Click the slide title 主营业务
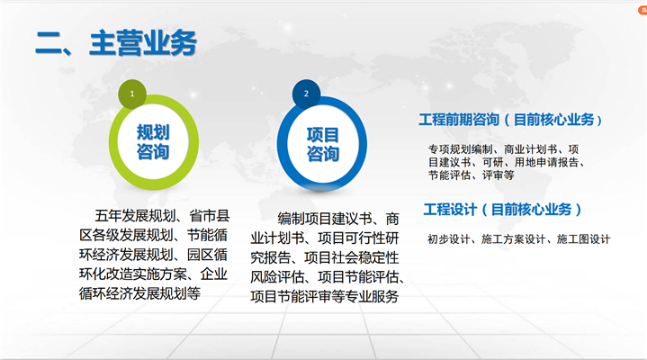pyautogui.click(x=143, y=43)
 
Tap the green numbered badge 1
pyautogui.click(x=132, y=94)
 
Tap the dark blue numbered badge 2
pyautogui.click(x=306, y=94)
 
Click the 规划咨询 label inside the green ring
pyautogui.click(x=153, y=142)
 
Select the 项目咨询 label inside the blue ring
pyautogui.click(x=323, y=145)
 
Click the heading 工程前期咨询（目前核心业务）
pyautogui.click(x=510, y=120)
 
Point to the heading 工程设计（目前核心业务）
pyautogui.click(x=503, y=210)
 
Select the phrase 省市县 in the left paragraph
pyautogui.click(x=209, y=215)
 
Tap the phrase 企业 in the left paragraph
pyautogui.click(x=214, y=274)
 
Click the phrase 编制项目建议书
pyautogui.click(x=325, y=219)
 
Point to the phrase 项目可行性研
pyautogui.click(x=358, y=238)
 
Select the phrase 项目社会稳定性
pyautogui.click(x=352, y=257)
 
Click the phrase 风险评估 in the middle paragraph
pyautogui.click(x=277, y=276)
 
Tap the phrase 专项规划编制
pyautogui.click(x=461, y=149)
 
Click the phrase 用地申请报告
pyautogui.click(x=546, y=162)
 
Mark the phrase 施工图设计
pyautogui.click(x=583, y=239)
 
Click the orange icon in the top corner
pyautogui.click(x=643, y=10)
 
